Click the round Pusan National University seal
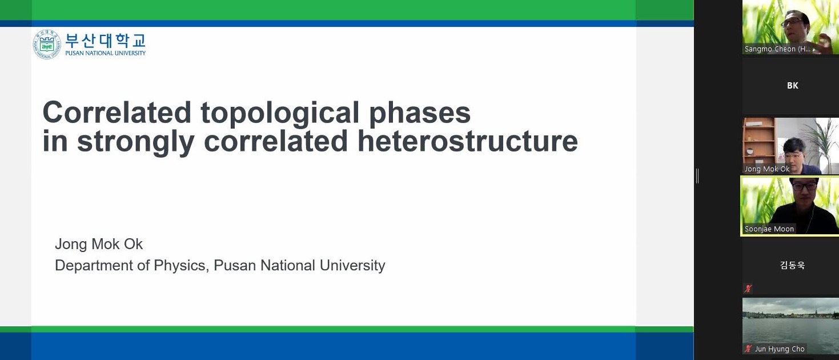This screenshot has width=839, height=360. click(x=47, y=44)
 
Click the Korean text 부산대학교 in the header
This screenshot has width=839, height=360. click(x=105, y=41)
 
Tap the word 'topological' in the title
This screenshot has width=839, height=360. click(x=280, y=113)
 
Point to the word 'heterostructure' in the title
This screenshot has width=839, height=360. click(x=467, y=141)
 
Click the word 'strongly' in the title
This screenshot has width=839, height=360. click(x=135, y=142)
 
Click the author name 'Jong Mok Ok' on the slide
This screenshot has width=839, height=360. click(x=99, y=244)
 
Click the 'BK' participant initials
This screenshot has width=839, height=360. click(x=793, y=85)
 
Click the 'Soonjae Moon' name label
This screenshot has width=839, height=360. click(x=769, y=229)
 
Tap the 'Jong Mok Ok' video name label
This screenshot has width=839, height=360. click(x=767, y=169)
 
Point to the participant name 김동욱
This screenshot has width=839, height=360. click(x=793, y=265)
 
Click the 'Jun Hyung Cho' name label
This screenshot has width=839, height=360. click(x=780, y=349)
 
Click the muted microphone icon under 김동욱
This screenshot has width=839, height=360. click(x=748, y=289)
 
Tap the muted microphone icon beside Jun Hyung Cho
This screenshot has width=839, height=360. click(x=748, y=349)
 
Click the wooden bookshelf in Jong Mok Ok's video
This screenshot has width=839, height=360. click(x=758, y=142)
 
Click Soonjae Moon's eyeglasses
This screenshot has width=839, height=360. click(x=804, y=186)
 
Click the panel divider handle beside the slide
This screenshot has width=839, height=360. click(x=697, y=176)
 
